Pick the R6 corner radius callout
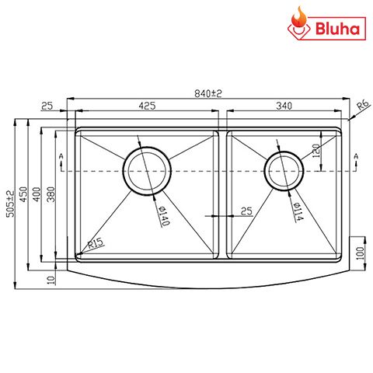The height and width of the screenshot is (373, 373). point(361,105)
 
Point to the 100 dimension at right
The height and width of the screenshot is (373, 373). point(360,253)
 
